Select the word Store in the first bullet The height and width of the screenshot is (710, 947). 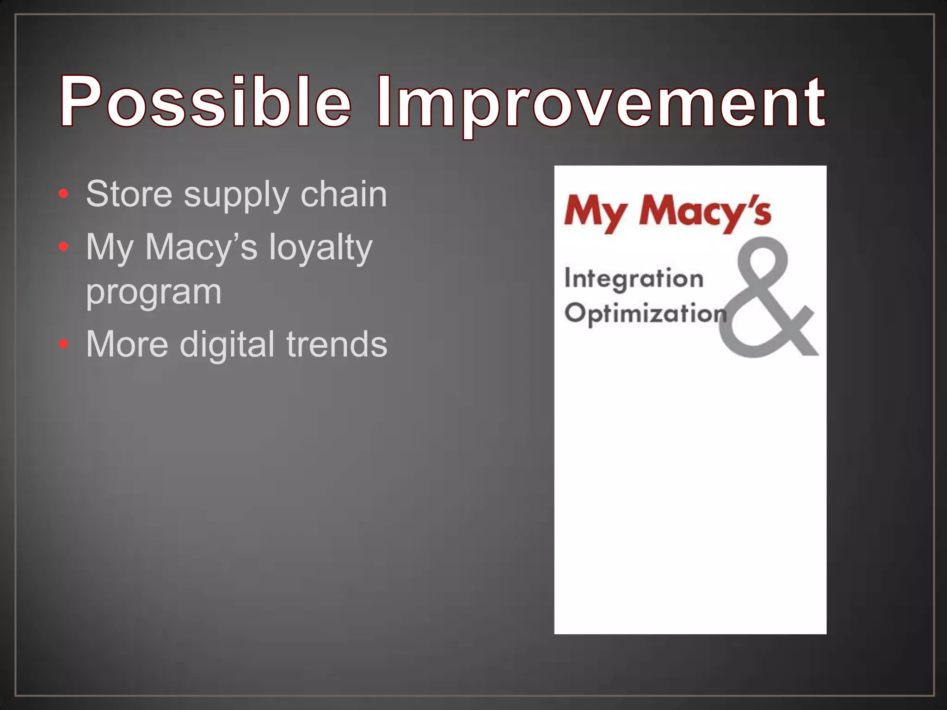(x=129, y=194)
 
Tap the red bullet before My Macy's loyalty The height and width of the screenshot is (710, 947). (x=64, y=247)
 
